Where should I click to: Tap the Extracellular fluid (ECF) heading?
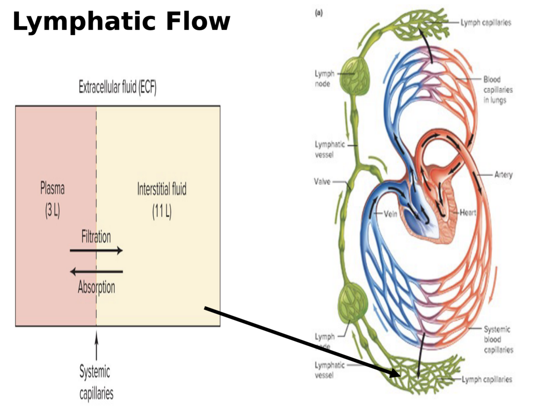click(118, 87)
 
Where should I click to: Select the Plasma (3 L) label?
click(53, 199)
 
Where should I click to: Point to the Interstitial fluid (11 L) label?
click(162, 200)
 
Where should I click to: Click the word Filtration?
click(96, 237)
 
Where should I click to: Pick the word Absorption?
click(97, 287)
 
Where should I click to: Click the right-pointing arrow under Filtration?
click(96, 251)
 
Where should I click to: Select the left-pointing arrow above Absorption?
click(96, 272)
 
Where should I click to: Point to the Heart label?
click(468, 212)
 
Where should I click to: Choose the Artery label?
click(503, 175)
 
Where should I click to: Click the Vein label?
click(390, 214)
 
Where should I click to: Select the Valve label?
click(322, 182)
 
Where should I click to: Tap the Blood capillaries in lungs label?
click(498, 90)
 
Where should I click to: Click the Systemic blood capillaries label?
click(498, 339)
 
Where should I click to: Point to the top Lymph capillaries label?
click(486, 23)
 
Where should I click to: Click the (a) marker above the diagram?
click(319, 13)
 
